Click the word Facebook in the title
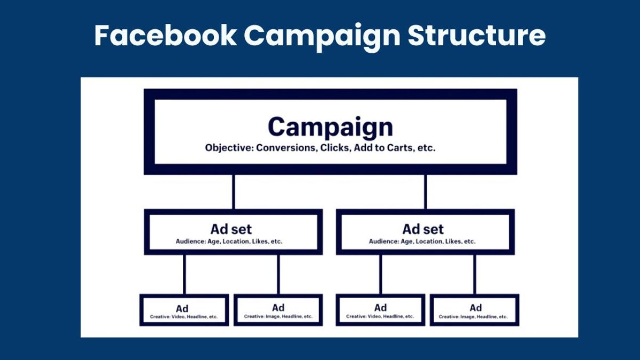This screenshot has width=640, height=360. pyautogui.click(x=165, y=35)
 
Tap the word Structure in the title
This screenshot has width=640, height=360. pyautogui.click(x=477, y=35)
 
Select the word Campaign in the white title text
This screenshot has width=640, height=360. pyautogui.click(x=322, y=37)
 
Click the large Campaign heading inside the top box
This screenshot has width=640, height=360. pyautogui.click(x=330, y=127)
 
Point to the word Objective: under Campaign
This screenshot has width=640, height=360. pyautogui.click(x=229, y=148)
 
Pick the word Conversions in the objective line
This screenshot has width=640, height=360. pyautogui.click(x=286, y=148)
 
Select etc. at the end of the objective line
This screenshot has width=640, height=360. pyautogui.click(x=426, y=148)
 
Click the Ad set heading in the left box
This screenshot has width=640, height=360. pyautogui.click(x=231, y=229)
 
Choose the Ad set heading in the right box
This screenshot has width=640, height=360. pyautogui.click(x=423, y=229)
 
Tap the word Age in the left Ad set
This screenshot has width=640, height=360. pyautogui.click(x=214, y=242)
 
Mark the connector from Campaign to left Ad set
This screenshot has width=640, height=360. pyautogui.click(x=234, y=192)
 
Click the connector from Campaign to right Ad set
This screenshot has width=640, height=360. pyautogui.click(x=426, y=192)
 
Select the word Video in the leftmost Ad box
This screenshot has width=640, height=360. pyautogui.click(x=178, y=317)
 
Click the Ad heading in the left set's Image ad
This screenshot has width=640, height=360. pyautogui.click(x=278, y=308)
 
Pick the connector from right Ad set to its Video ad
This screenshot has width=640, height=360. pyautogui.click(x=381, y=275)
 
